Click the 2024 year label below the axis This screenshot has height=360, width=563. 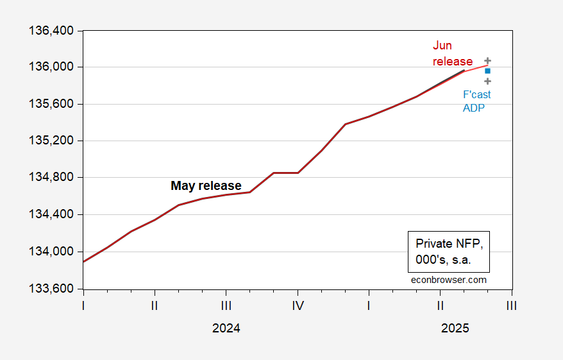tap(226, 328)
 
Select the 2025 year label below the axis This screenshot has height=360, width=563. tap(455, 328)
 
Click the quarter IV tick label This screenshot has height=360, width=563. tap(298, 306)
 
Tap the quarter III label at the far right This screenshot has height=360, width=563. tap(511, 306)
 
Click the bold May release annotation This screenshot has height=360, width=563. tap(206, 186)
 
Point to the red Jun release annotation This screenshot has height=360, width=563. tap(452, 54)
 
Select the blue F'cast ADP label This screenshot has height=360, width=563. tap(476, 101)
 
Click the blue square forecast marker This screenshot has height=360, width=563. tap(487, 71)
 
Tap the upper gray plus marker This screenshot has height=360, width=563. tap(487, 60)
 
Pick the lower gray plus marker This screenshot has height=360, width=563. tap(487, 81)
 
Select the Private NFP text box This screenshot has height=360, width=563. tap(448, 251)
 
